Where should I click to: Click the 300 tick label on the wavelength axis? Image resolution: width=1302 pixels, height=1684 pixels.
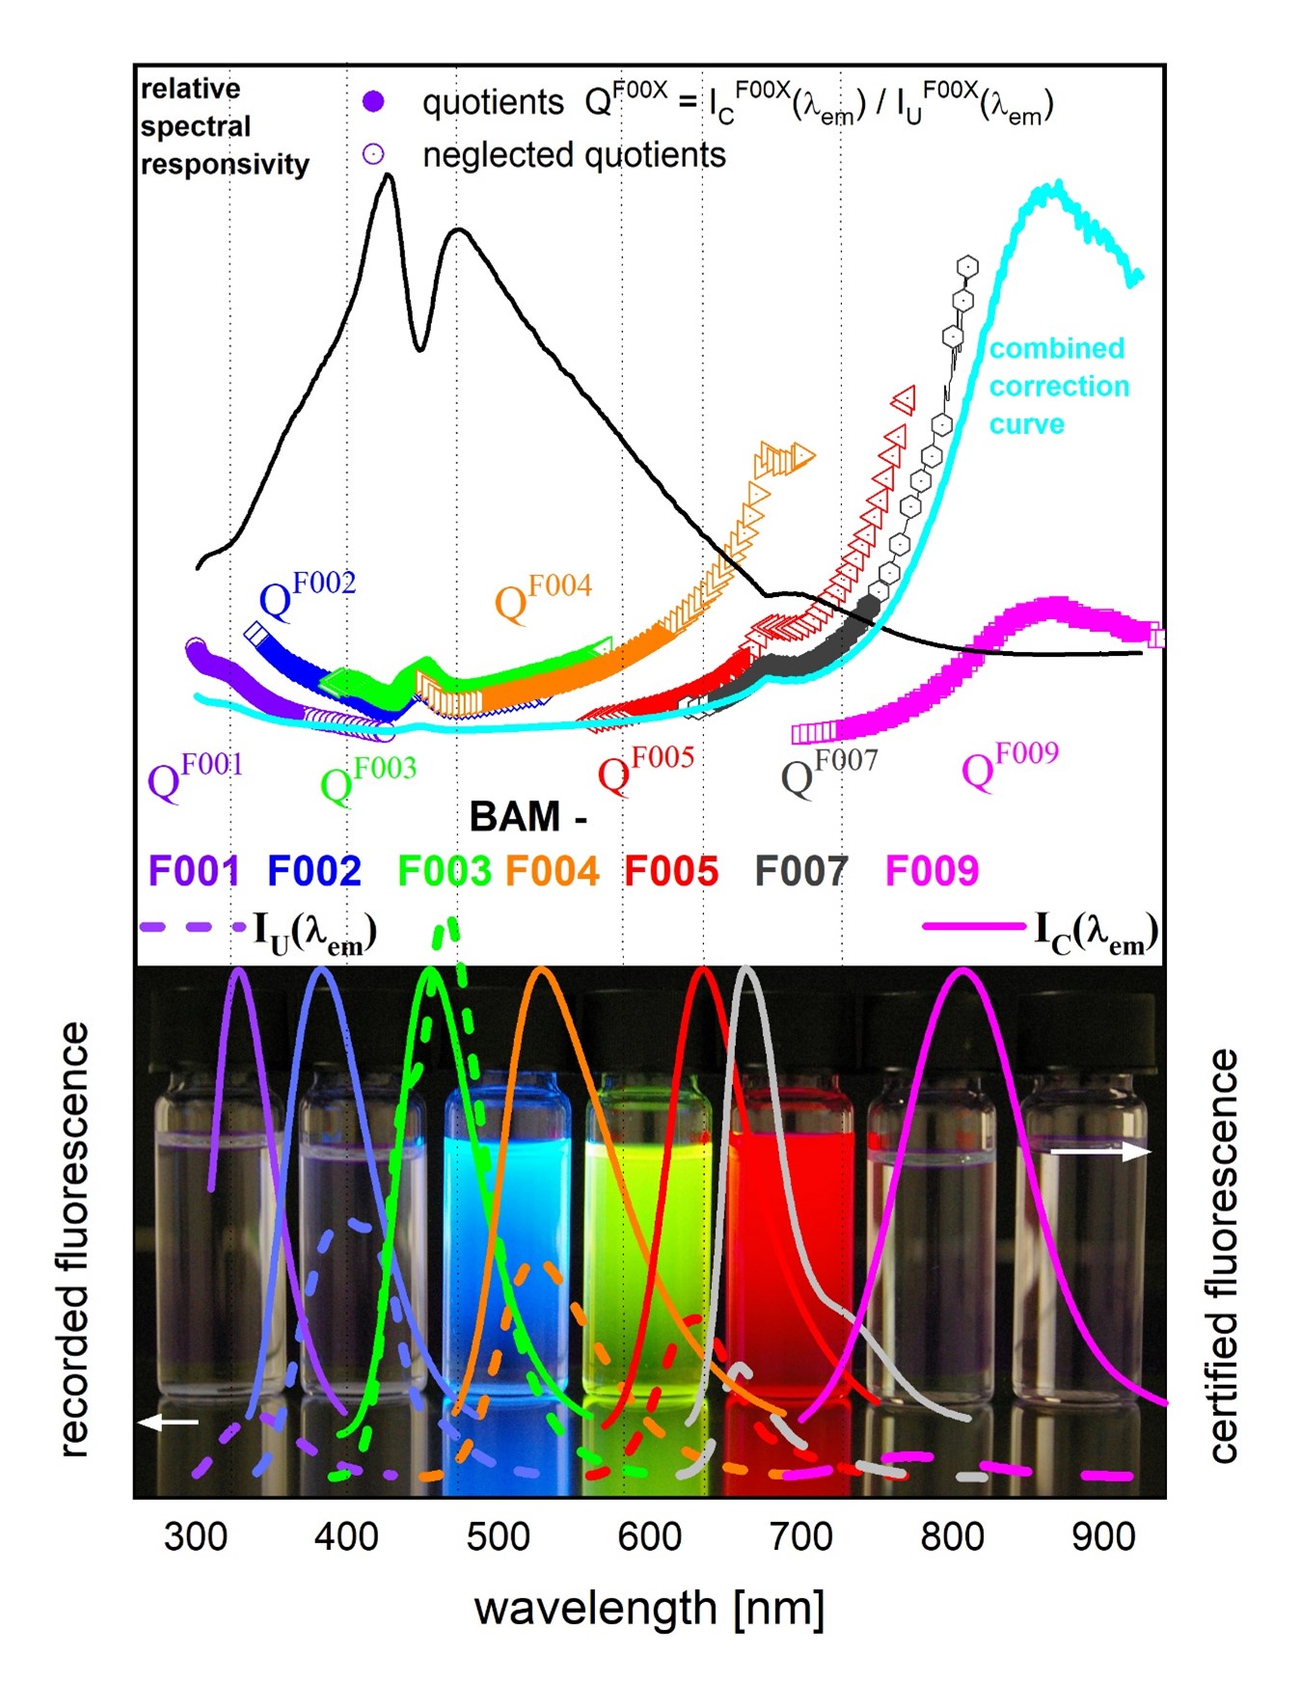[196, 1536]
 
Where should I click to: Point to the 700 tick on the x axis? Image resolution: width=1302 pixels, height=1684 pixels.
[800, 1536]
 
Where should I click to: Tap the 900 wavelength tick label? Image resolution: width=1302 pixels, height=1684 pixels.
[1103, 1536]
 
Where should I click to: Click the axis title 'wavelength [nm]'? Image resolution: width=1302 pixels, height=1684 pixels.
[649, 1609]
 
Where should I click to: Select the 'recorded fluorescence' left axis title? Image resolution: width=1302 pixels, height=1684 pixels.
[74, 1238]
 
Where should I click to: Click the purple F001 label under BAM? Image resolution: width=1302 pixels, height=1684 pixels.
[194, 871]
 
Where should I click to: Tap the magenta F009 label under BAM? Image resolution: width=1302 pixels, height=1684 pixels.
[932, 871]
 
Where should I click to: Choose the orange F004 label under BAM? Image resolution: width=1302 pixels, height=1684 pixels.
[552, 871]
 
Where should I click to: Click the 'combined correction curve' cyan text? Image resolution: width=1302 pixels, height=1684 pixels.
[1058, 386]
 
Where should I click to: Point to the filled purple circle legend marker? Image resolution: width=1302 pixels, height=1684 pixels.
[373, 101]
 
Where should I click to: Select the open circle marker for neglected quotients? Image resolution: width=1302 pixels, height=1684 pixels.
[373, 154]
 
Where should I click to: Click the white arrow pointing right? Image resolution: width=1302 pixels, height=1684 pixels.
[1099, 1152]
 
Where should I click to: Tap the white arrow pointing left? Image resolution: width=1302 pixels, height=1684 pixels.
[168, 1422]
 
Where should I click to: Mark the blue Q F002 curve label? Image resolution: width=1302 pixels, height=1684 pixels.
[307, 594]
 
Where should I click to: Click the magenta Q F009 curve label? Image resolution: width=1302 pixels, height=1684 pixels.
[1009, 765]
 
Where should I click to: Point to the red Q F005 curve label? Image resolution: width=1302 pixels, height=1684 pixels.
[645, 769]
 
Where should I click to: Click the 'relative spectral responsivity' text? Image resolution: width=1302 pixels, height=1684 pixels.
[224, 126]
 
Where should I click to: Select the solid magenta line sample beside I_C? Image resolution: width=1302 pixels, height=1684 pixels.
[974, 927]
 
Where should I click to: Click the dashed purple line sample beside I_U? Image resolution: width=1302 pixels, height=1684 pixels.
[193, 927]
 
